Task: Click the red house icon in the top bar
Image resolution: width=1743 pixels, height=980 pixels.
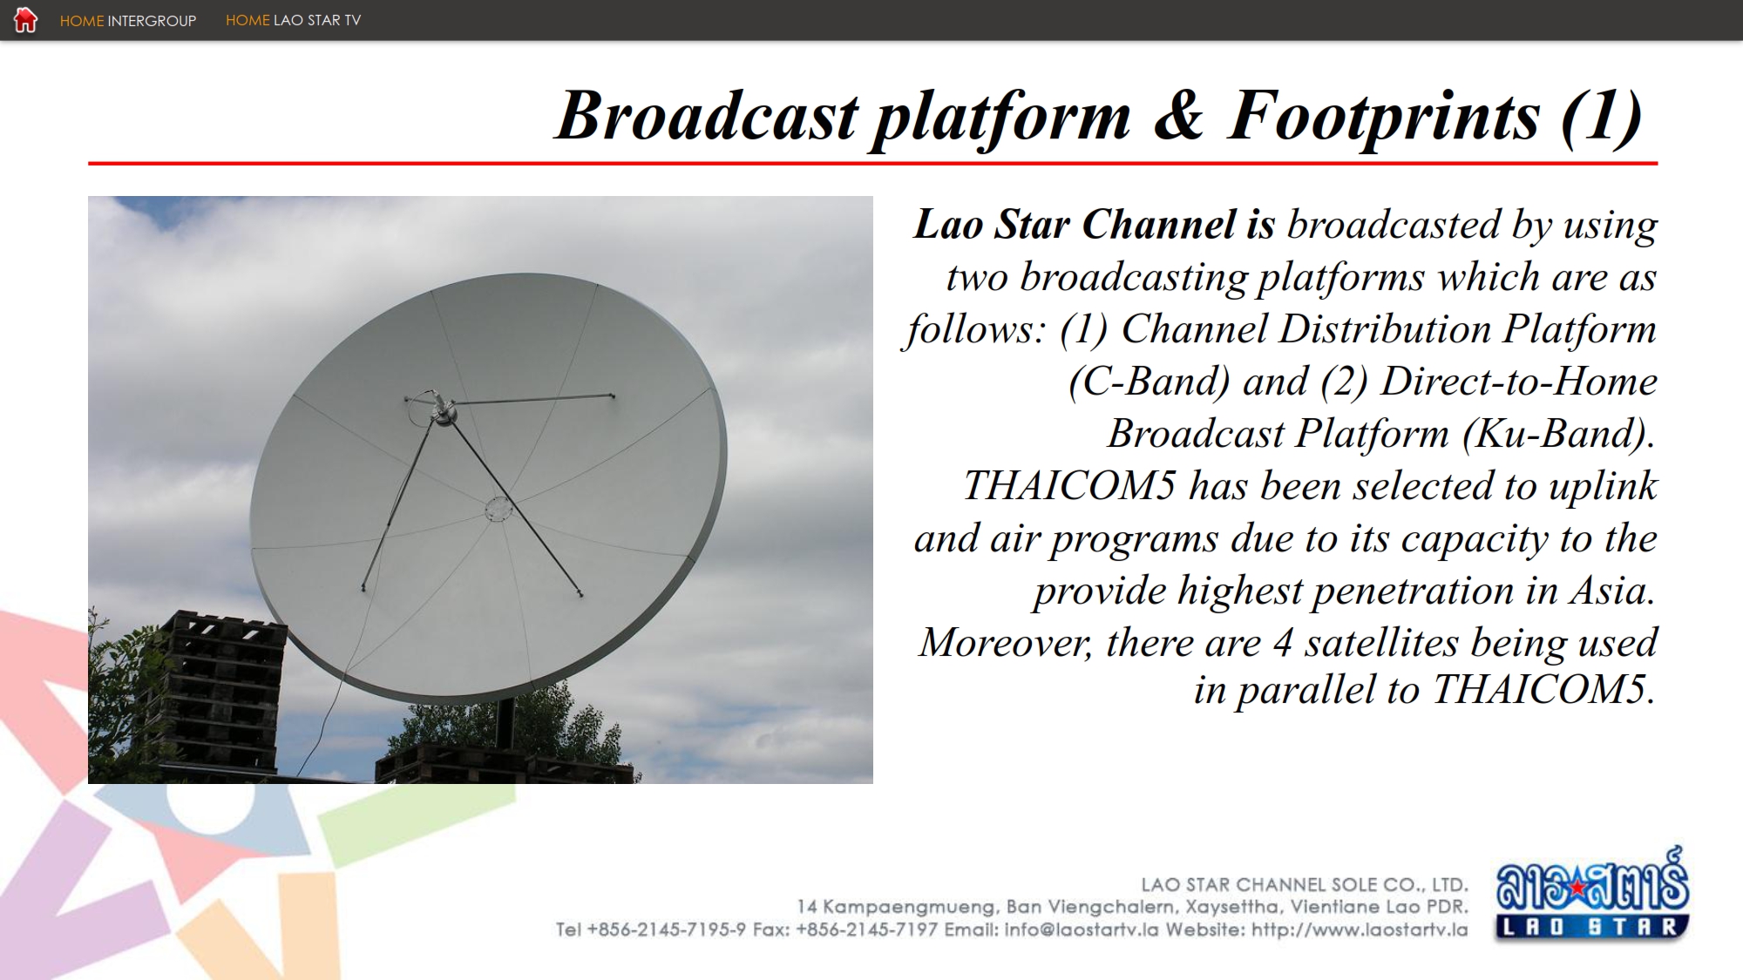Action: [x=25, y=19]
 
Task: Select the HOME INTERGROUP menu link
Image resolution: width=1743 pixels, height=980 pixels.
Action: [x=128, y=21]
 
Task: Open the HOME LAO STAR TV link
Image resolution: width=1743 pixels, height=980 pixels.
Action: [x=293, y=20]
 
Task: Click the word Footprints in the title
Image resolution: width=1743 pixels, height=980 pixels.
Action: [x=1383, y=118]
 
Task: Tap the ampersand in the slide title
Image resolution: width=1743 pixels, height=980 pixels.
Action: [x=1178, y=115]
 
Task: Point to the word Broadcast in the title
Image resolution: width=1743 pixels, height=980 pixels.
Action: [x=707, y=115]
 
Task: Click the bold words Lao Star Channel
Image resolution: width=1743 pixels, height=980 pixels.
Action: [x=1075, y=224]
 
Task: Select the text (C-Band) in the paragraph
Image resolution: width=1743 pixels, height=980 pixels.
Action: [x=1150, y=382]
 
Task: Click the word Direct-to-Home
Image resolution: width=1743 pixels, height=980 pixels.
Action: [x=1519, y=382]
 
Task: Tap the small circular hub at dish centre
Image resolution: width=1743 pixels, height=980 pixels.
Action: [x=498, y=509]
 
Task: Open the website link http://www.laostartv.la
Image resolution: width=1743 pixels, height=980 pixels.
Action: [x=1360, y=930]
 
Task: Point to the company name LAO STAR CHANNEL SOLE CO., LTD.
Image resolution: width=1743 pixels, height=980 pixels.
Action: [x=1305, y=885]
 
